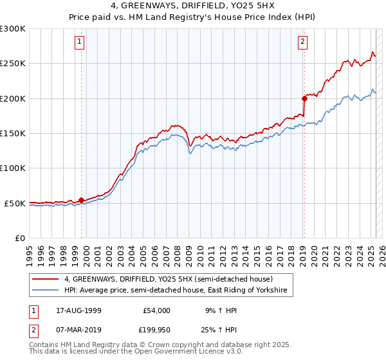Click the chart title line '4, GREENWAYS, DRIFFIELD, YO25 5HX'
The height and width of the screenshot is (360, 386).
point(193,6)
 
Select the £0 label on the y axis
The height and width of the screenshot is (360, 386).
point(21,238)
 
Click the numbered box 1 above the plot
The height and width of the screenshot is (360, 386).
point(79,43)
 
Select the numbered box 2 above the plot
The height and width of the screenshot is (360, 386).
point(302,43)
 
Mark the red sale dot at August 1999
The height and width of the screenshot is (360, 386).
point(82,200)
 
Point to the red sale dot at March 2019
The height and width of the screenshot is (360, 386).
point(304,98)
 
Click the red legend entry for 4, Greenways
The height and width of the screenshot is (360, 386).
point(169,279)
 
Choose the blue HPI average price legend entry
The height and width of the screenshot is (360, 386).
point(179,291)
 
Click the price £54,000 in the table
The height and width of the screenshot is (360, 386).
point(156,310)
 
